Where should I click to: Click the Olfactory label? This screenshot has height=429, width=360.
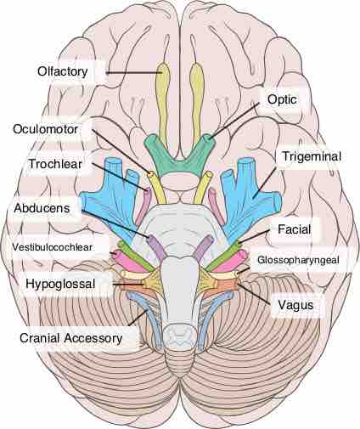click(63, 71)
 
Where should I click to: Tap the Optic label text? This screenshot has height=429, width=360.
click(282, 99)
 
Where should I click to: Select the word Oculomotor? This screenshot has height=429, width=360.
click(45, 129)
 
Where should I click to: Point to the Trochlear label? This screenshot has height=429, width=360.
click(55, 164)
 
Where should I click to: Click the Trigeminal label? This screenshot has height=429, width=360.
click(312, 156)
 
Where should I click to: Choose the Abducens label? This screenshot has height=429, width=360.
click(42, 208)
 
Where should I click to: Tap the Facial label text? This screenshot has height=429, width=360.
click(295, 229)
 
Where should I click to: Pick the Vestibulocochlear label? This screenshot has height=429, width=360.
click(52, 247)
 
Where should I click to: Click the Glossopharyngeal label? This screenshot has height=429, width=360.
click(298, 260)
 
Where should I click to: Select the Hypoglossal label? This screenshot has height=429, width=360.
click(60, 284)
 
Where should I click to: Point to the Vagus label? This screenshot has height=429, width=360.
click(295, 305)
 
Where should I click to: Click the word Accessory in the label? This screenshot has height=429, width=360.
click(93, 338)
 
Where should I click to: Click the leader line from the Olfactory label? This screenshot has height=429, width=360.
click(134, 72)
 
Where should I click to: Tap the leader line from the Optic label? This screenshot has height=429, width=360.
click(234, 121)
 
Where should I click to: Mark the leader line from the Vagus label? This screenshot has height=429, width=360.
click(255, 293)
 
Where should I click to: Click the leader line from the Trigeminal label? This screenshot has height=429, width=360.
click(265, 182)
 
